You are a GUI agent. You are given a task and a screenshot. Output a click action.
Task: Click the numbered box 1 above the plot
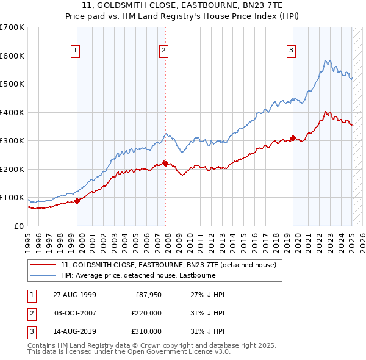pyautogui.click(x=76, y=51)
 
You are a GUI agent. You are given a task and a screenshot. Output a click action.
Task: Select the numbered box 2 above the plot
pyautogui.click(x=164, y=51)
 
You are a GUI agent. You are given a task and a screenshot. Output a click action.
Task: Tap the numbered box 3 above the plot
pyautogui.click(x=292, y=51)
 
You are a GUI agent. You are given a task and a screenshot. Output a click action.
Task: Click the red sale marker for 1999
pyautogui.click(x=77, y=201)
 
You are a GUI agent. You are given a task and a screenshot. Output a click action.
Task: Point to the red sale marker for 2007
pyautogui.click(x=165, y=164)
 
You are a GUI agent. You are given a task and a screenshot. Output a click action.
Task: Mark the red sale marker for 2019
pyautogui.click(x=293, y=138)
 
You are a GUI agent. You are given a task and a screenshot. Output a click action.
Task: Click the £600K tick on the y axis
pyautogui.click(x=12, y=56)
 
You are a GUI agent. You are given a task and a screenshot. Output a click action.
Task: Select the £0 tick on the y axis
pyautogui.click(x=20, y=226)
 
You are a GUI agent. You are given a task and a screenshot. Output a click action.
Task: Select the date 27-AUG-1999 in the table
pyautogui.click(x=74, y=295)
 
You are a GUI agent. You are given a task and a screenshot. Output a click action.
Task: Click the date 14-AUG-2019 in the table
pyautogui.click(x=74, y=331)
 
